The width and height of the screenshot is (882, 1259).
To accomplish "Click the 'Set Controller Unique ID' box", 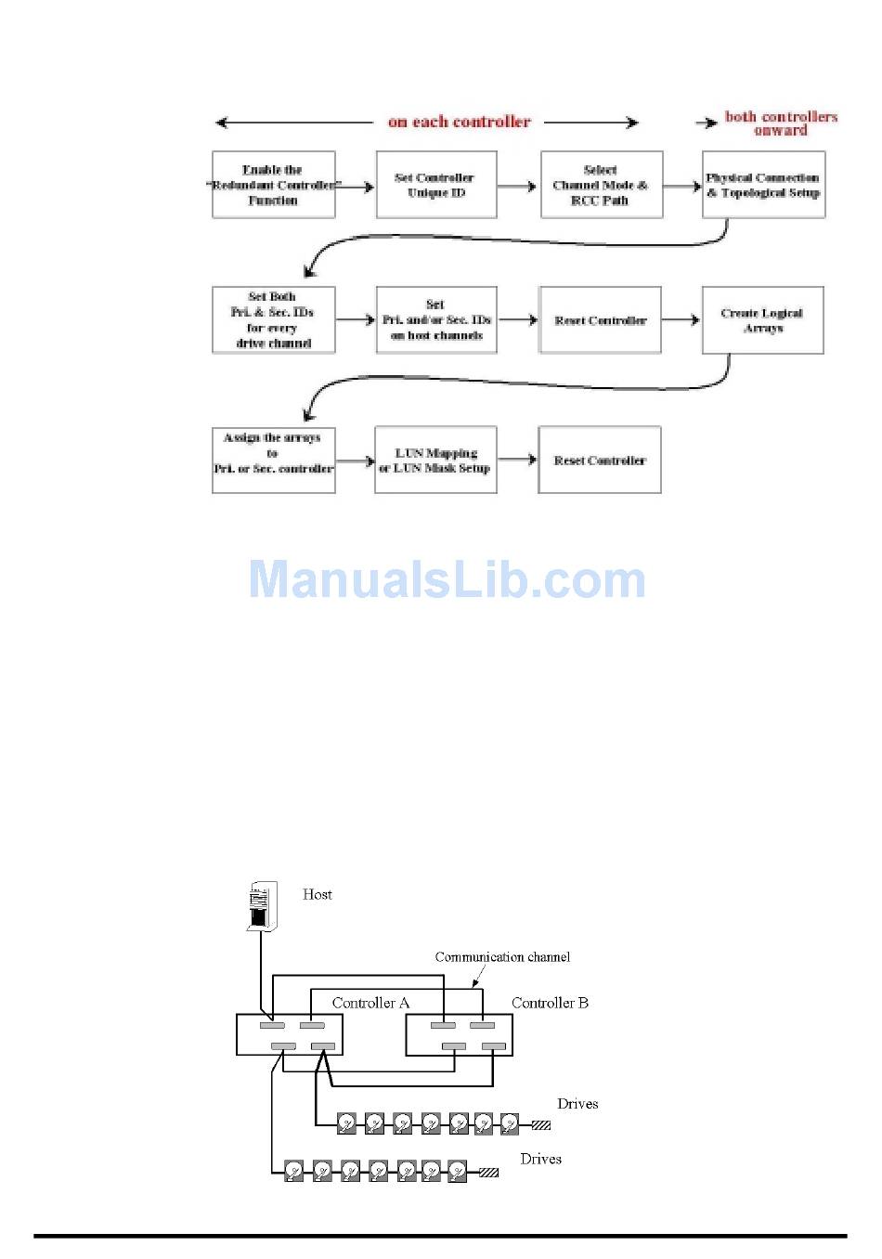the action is click(x=436, y=186).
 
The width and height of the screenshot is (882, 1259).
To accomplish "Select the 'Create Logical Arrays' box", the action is click(x=762, y=320).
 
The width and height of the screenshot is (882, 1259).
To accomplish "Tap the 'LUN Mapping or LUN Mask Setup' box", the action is click(x=435, y=461).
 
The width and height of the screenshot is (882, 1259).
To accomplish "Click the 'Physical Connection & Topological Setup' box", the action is click(x=763, y=186).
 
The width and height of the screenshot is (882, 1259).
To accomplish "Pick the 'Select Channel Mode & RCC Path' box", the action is click(x=601, y=186).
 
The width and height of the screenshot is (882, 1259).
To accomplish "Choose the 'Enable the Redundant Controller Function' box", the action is click(x=273, y=186).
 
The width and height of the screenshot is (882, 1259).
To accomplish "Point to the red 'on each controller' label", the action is click(x=460, y=122).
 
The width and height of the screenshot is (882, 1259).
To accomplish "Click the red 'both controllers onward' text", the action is click(x=781, y=123).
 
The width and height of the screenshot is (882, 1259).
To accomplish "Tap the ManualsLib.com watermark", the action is click(x=447, y=579).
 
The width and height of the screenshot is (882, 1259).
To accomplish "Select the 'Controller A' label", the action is click(x=370, y=1003).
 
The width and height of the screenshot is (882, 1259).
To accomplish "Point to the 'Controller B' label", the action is click(x=550, y=1003).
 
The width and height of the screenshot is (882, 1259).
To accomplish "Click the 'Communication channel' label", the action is click(x=502, y=957).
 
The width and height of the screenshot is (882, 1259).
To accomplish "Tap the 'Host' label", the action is click(x=318, y=894).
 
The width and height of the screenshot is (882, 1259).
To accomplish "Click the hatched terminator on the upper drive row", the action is click(x=540, y=1125).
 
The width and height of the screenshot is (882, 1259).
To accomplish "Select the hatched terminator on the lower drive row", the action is click(x=488, y=1173).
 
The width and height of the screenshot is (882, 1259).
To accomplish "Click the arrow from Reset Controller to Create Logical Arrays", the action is click(x=681, y=320).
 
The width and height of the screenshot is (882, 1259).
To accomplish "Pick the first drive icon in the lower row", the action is click(x=294, y=1171).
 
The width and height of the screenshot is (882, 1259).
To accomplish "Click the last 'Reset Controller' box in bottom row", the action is click(x=600, y=461).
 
